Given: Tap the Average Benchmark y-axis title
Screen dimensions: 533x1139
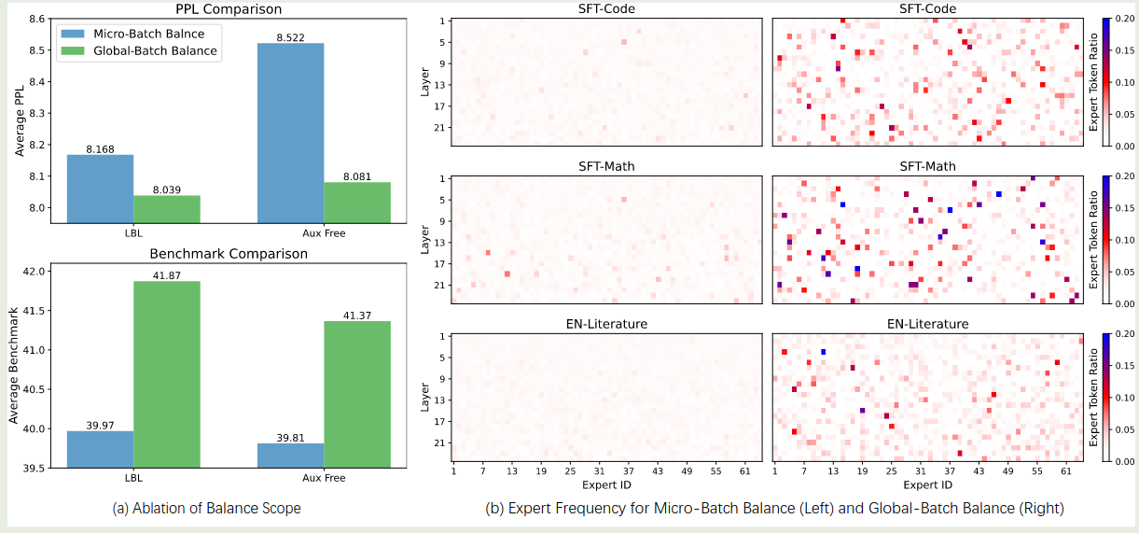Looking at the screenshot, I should [x=14, y=365].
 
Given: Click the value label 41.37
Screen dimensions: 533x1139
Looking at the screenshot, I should [x=357, y=316].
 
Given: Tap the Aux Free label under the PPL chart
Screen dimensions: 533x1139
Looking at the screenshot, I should [x=323, y=232].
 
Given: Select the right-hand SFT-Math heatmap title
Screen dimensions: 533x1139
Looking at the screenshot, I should [x=927, y=166].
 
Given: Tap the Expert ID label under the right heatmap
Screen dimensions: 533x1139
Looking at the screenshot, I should [x=927, y=485].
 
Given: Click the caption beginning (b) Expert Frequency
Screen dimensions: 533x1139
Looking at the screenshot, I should [x=774, y=509].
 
